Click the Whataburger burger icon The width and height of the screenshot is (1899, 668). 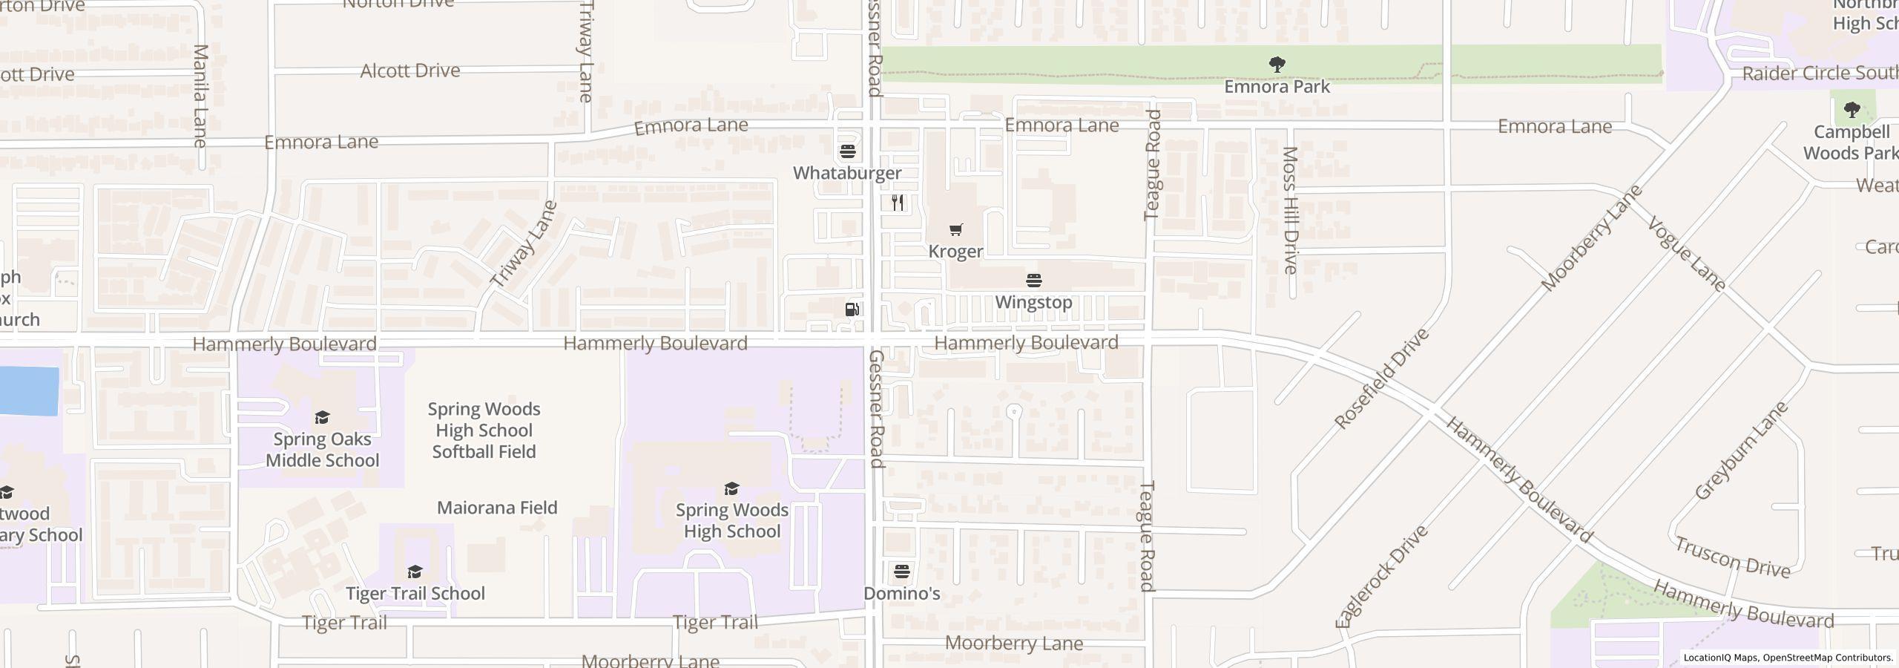tap(848, 151)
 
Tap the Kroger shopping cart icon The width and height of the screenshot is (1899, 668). tap(955, 230)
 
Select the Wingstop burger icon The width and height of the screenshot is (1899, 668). tap(1033, 281)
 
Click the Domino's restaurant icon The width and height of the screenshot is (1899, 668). tap(902, 571)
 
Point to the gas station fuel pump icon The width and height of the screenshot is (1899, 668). tap(852, 310)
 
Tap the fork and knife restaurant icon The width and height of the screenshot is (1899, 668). tap(898, 203)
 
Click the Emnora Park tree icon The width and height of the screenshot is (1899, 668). tap(1277, 65)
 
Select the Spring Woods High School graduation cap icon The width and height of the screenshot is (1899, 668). tap(731, 488)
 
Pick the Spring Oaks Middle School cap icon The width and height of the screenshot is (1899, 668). tap(322, 417)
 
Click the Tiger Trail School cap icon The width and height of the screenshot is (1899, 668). tap(415, 572)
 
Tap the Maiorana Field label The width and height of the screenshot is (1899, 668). tap(497, 508)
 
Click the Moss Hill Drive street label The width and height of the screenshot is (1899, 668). tap(1290, 210)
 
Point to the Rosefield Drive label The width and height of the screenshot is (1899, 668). tap(1381, 379)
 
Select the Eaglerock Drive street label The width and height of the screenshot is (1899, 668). tap(1381, 577)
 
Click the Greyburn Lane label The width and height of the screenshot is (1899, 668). tap(1742, 451)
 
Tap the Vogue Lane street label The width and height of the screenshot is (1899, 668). tap(1687, 254)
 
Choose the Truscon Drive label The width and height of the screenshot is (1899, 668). tap(1732, 558)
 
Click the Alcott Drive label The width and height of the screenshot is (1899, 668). tap(410, 71)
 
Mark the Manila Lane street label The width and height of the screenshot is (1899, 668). tap(200, 96)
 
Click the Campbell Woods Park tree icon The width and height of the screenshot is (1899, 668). tap(1852, 111)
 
